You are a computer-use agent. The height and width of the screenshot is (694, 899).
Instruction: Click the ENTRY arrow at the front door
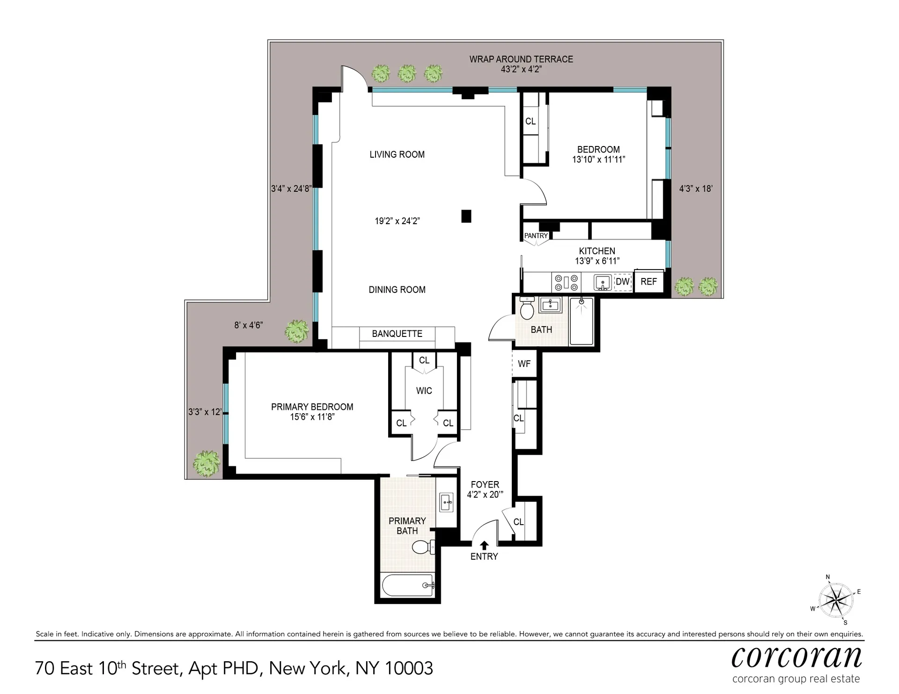(484, 545)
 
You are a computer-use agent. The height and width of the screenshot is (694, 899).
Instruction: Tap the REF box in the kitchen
(648, 282)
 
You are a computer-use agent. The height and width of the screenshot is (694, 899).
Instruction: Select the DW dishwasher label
(622, 282)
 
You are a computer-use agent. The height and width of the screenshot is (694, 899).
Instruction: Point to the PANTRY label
(536, 236)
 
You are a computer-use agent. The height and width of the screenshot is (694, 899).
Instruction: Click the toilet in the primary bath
(423, 547)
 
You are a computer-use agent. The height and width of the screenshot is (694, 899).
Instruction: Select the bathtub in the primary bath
(408, 585)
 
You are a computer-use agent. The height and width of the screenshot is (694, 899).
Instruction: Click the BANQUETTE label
(397, 334)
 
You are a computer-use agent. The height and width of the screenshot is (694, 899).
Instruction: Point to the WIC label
(424, 391)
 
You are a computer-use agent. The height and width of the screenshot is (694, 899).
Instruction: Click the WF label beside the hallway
(524, 364)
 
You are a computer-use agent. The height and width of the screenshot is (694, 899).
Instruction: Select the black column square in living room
(466, 216)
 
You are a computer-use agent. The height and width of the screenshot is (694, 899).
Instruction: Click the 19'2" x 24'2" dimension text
(397, 221)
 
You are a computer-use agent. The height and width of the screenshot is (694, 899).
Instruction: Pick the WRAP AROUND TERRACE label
(521, 59)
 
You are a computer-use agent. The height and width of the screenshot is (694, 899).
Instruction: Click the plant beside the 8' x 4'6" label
(297, 331)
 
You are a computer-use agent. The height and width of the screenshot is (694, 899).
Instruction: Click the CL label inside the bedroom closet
(530, 121)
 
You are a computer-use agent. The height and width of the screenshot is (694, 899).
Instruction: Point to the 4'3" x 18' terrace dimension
(696, 189)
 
